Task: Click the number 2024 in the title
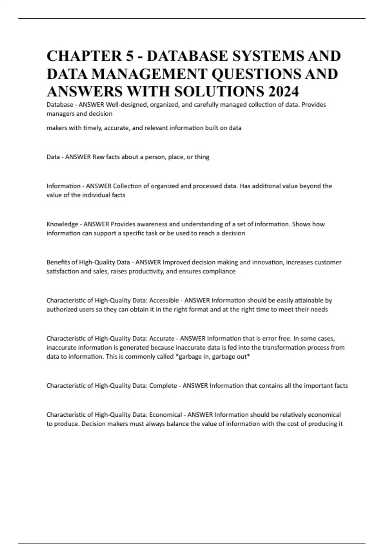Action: (x=284, y=92)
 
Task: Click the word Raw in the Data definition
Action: (x=98, y=157)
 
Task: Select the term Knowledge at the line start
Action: (x=62, y=224)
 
